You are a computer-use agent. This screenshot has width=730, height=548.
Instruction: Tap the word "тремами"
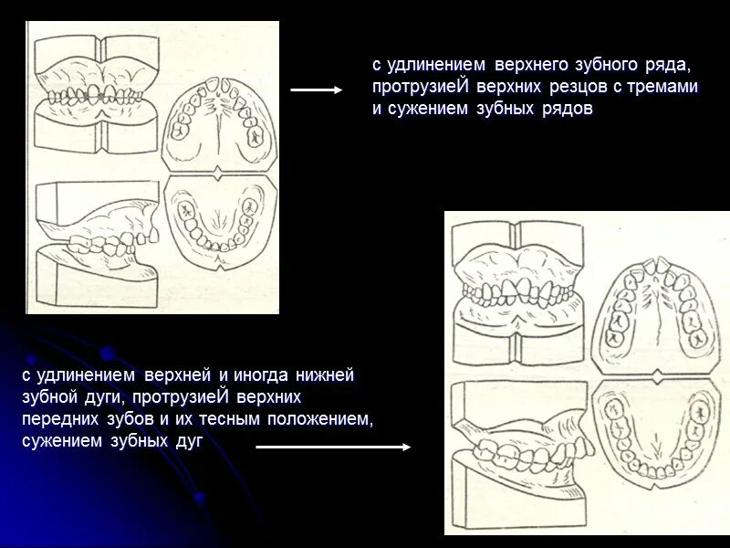[x=667, y=87]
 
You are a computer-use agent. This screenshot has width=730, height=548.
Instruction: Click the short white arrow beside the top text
[x=316, y=90]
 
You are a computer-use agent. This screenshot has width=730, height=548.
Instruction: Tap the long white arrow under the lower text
[x=333, y=448]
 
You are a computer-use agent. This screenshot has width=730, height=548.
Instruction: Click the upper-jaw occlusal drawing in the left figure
[x=219, y=123]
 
